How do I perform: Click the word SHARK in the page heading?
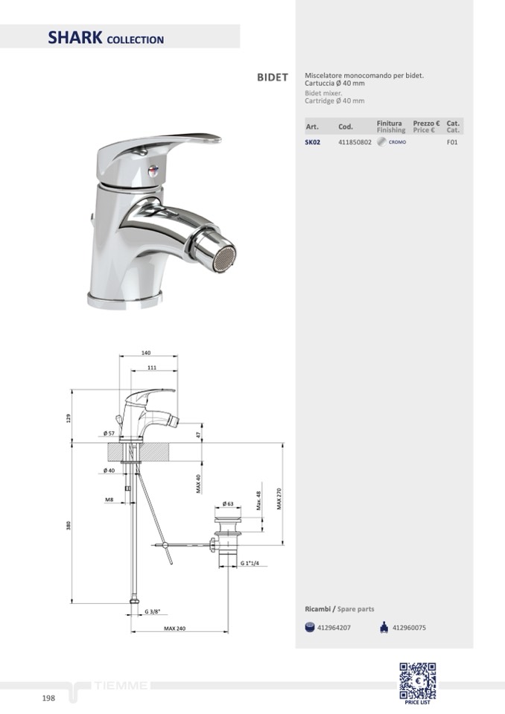75,37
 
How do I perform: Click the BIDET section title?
273,77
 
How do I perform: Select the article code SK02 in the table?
312,142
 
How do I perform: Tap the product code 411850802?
355,142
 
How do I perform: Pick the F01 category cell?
452,142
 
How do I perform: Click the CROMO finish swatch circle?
381,141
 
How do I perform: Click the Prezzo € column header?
426,124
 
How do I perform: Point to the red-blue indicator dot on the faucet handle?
152,171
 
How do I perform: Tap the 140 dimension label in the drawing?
146,353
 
